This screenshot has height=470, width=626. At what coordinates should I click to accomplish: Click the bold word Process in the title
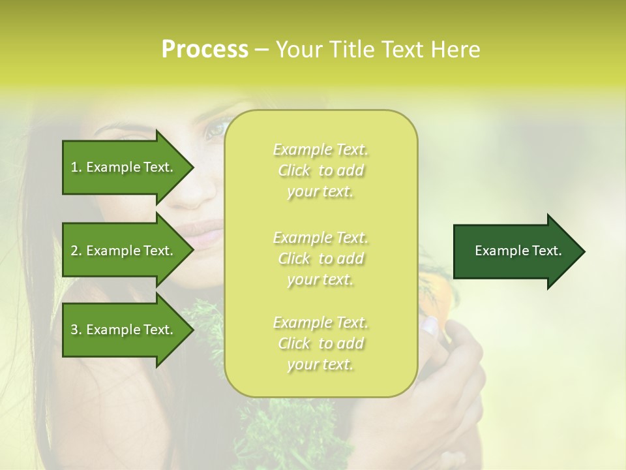(205, 50)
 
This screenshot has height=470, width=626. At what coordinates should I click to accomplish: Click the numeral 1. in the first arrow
(76, 167)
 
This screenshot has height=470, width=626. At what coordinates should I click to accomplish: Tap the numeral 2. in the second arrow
(76, 251)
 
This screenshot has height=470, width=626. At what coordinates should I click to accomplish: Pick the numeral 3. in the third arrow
(76, 330)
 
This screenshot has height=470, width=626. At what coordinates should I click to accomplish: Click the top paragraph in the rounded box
(320, 170)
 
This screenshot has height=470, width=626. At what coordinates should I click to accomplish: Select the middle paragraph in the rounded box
(320, 258)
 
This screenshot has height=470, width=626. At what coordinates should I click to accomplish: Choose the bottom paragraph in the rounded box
(320, 343)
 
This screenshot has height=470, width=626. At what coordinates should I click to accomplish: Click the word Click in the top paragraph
(294, 170)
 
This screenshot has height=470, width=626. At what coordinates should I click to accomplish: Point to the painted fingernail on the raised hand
(430, 324)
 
